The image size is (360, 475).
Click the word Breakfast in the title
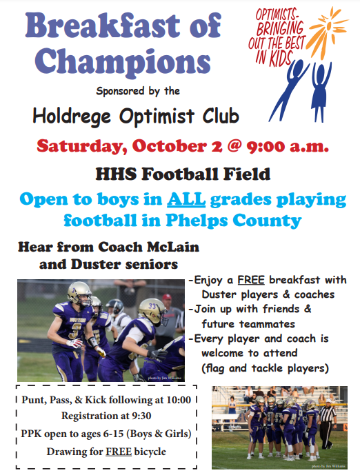[103, 25]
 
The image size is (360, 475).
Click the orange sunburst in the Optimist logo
[328, 29]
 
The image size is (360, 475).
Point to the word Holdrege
[72, 117]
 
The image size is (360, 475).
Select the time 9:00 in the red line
[266, 147]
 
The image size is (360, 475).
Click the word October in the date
[170, 146]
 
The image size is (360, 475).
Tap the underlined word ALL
[186, 199]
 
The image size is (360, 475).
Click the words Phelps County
[234, 221]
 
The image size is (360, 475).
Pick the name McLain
[173, 247]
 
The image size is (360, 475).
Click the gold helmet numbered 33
[152, 310]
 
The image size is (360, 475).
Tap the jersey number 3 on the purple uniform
[73, 331]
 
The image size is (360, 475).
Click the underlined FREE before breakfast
[251, 280]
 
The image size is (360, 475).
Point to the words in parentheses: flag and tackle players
[265, 368]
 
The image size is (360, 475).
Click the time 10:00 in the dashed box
[179, 400]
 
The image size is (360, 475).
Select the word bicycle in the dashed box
[150, 452]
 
